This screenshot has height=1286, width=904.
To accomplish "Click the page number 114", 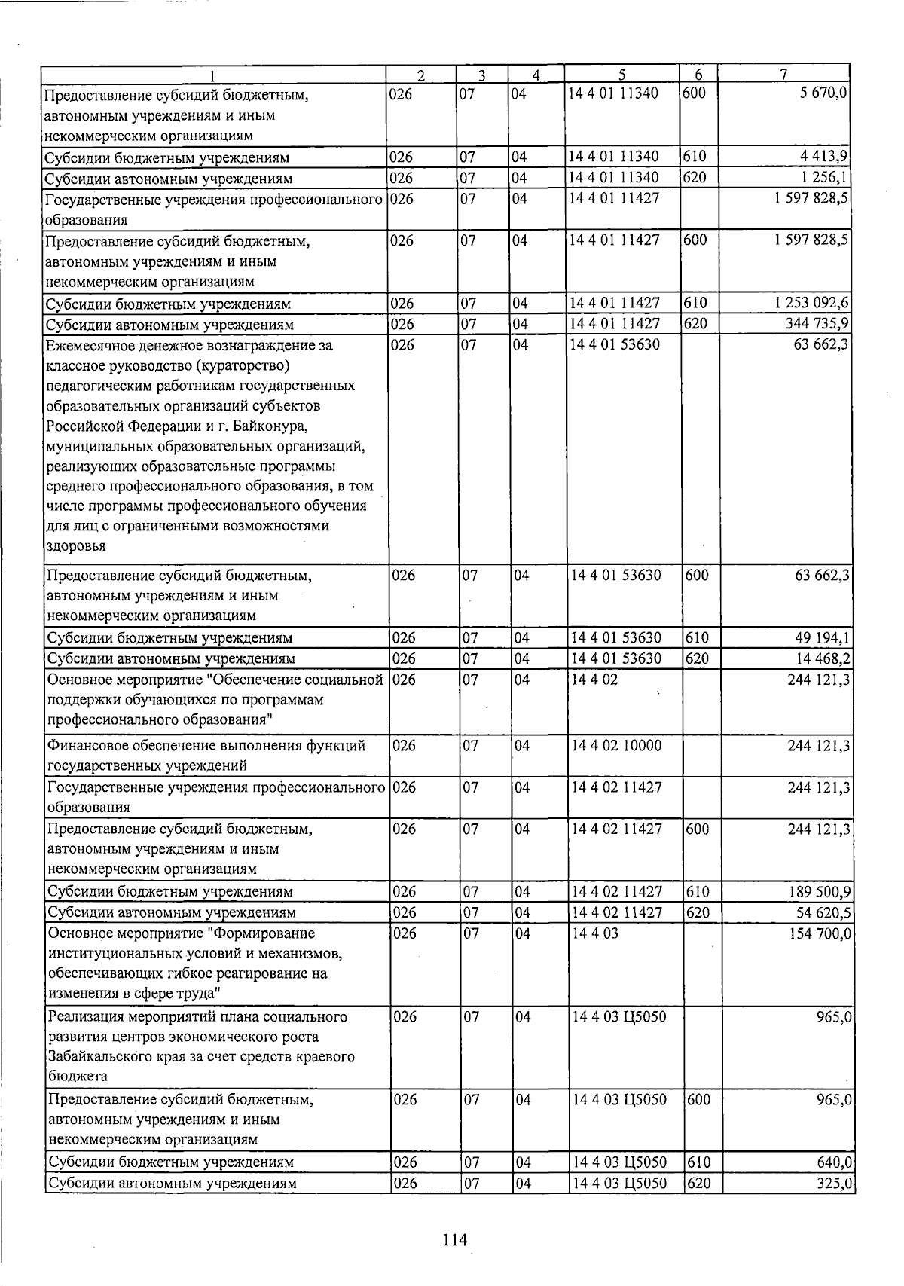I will pyautogui.click(x=455, y=1239).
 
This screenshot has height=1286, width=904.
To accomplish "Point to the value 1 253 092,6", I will pyautogui.click(x=812, y=303).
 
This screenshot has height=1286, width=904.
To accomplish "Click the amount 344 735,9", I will pyautogui.click(x=818, y=324).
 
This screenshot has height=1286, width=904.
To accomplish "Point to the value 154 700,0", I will pyautogui.click(x=820, y=933).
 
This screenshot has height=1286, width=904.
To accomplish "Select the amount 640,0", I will pyautogui.click(x=835, y=1162).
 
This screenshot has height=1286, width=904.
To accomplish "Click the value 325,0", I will pyautogui.click(x=835, y=1183).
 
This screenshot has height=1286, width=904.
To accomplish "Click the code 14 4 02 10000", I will pyautogui.click(x=616, y=745).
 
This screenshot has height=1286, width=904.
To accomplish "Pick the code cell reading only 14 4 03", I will pyautogui.click(x=594, y=933).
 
